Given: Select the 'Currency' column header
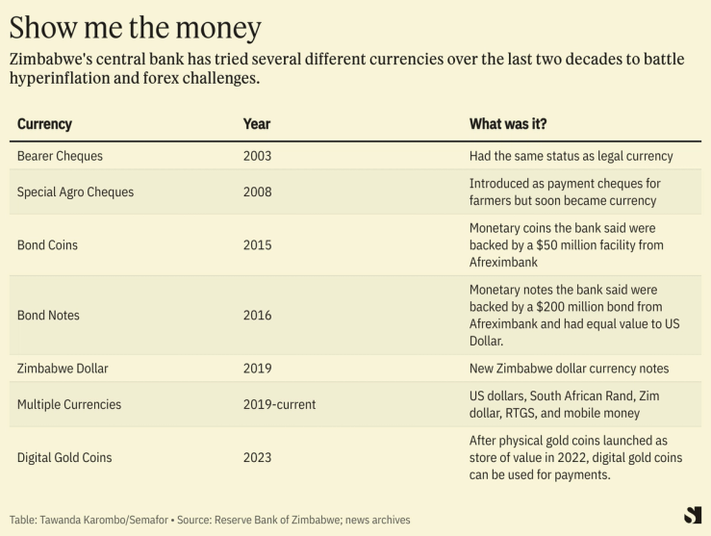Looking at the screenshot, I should coord(44,124).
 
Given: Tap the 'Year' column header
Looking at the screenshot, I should coord(257,124).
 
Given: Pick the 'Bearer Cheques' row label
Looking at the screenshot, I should coord(60,156).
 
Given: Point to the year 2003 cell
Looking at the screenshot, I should coord(258,156).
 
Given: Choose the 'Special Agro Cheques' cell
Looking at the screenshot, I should coord(75,192).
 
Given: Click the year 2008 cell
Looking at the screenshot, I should coord(258,192).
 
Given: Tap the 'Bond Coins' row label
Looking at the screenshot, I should coord(47,245).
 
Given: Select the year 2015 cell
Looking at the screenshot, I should coord(258,245).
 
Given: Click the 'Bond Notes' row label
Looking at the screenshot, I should coord(48,316).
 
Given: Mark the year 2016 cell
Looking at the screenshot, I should coord(258,316).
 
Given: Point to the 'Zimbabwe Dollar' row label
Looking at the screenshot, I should coord(63,369).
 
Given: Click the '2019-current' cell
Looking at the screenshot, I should coord(279,405).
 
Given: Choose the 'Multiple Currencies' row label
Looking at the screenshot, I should coord(69,405).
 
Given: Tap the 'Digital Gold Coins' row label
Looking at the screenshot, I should coord(65,458).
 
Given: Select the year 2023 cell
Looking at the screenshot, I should coord(258,458).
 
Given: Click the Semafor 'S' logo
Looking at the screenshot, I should coord(692,515).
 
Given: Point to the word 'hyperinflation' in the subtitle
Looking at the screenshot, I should coord(59,79).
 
